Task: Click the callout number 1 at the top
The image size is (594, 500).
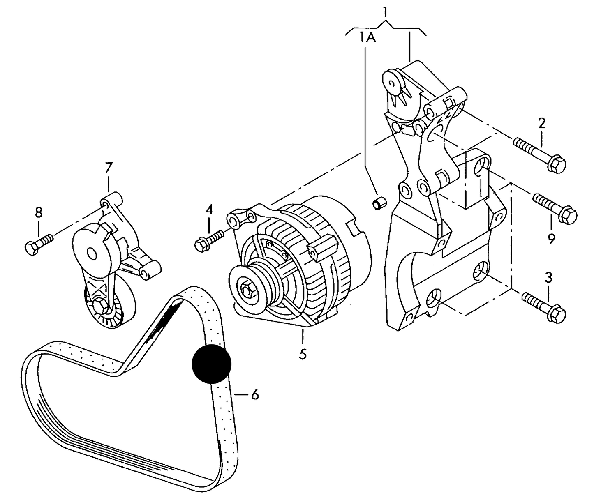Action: (385, 12)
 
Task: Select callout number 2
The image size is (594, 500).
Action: (542, 123)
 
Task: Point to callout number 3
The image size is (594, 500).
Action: (548, 277)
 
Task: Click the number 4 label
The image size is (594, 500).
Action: (209, 210)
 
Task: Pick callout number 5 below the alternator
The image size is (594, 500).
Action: (303, 354)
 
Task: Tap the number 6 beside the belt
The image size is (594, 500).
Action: (254, 395)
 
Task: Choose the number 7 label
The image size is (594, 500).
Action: (109, 167)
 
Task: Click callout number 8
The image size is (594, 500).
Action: (38, 212)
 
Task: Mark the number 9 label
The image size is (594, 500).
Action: (551, 239)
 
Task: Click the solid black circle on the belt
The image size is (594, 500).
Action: (212, 364)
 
